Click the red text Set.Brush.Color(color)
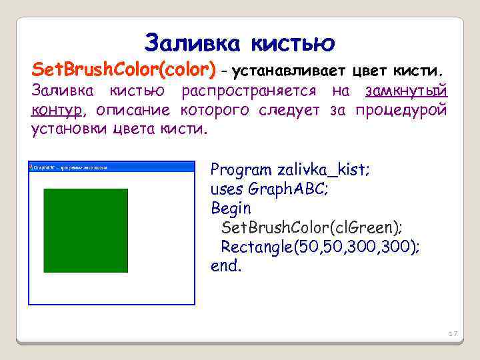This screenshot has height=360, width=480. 125,69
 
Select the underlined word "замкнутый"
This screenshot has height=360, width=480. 406,91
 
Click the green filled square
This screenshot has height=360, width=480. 85,230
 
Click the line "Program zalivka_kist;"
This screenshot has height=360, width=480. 291,170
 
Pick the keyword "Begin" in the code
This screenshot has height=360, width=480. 231,208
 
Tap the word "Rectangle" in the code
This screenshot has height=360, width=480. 257,247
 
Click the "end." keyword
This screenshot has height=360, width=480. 227,267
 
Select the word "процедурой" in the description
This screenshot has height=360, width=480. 401,109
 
